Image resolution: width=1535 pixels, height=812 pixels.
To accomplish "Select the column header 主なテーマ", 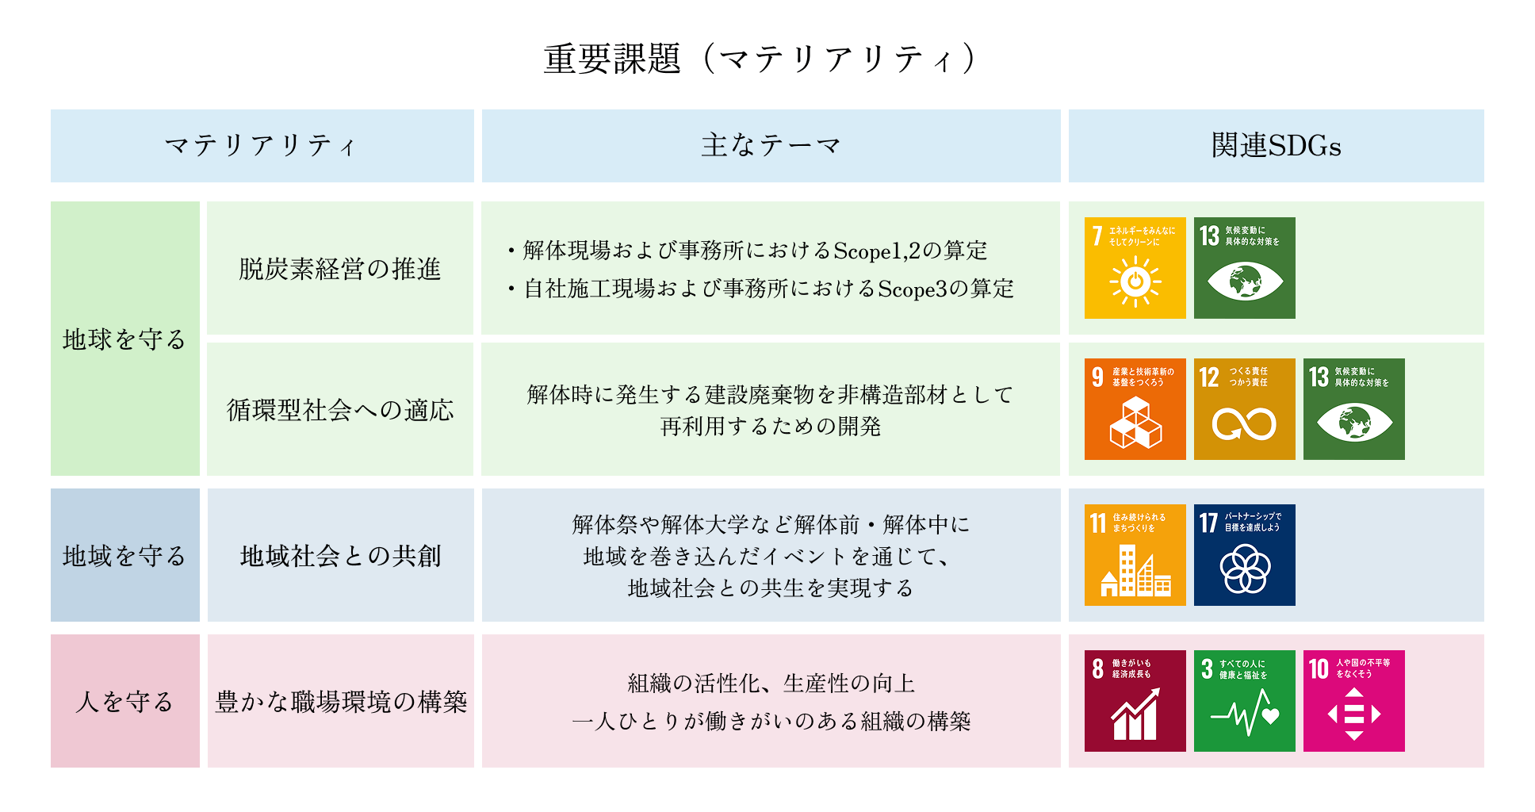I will pos(771,146).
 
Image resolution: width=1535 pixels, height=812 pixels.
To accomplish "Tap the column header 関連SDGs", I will pos(1276,146).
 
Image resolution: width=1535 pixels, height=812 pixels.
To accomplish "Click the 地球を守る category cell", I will pos(124,339).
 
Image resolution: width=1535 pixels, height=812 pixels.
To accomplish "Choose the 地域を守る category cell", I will pos(124,555).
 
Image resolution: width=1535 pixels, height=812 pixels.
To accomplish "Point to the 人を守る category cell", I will pos(124,701).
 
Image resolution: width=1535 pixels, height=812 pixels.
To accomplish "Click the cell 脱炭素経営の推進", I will pos(339,269).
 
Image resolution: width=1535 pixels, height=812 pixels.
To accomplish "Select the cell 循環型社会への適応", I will pos(339,409).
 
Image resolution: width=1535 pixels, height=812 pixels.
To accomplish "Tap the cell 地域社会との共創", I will pos(340,555).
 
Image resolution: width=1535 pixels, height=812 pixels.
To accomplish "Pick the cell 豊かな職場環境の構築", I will pos(341,701).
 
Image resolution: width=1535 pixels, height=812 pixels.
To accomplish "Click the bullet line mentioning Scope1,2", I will pos(748,251).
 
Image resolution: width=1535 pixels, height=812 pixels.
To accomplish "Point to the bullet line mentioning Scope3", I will pos(761,289).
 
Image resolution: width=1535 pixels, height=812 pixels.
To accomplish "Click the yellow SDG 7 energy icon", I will pos(1135,268).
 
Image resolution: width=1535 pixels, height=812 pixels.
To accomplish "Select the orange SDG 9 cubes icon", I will pos(1135,409).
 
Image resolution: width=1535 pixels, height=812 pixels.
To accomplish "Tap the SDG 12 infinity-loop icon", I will pos(1244,409).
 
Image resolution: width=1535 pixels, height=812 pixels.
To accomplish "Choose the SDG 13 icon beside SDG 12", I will pos(1353,409).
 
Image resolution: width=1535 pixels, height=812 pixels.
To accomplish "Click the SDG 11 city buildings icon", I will pos(1135,555).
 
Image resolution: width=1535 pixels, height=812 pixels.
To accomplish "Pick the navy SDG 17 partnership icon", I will pos(1244,555).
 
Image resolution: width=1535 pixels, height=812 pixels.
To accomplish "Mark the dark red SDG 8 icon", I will pos(1135,701).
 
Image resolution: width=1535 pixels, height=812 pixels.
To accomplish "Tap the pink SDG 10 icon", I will pos(1353,701).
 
